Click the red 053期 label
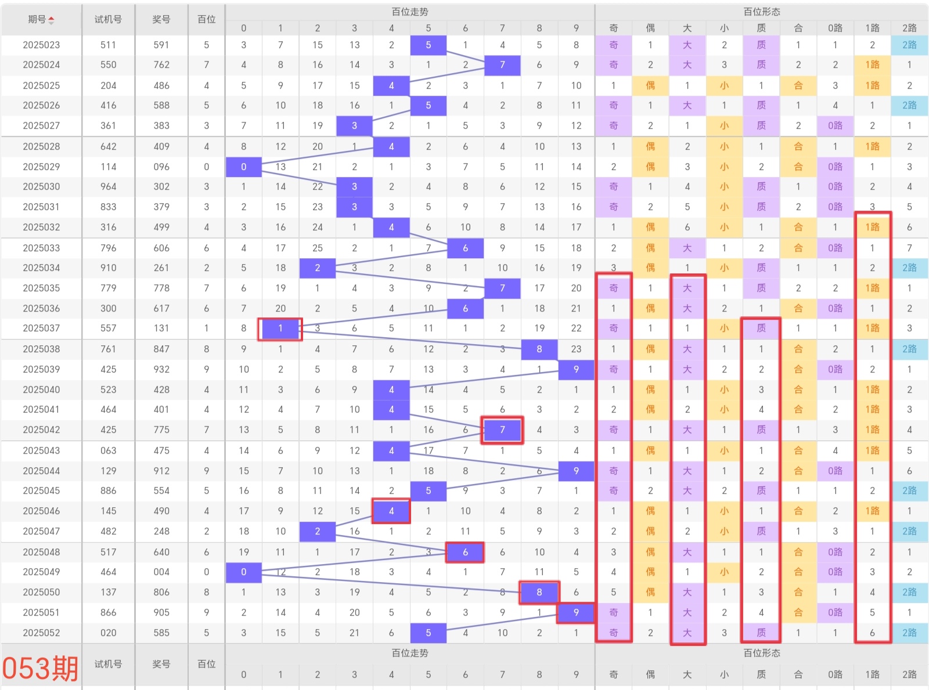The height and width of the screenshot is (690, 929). pyautogui.click(x=41, y=667)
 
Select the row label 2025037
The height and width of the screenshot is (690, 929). pyautogui.click(x=41, y=328)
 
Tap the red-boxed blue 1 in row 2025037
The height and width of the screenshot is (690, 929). pyautogui.click(x=280, y=328)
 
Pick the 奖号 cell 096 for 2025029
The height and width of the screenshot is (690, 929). pyautogui.click(x=161, y=167)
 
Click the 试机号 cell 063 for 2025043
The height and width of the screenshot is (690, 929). pyautogui.click(x=109, y=451)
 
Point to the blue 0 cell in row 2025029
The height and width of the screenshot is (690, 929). pyautogui.click(x=244, y=167)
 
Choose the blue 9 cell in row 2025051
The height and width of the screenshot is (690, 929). pyautogui.click(x=576, y=613)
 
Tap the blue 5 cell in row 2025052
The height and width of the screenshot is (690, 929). pyautogui.click(x=429, y=633)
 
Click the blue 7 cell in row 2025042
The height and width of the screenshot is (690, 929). pyautogui.click(x=502, y=430)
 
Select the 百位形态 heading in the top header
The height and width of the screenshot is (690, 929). pyautogui.click(x=762, y=12)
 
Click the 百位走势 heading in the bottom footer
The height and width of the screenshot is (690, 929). pyautogui.click(x=410, y=653)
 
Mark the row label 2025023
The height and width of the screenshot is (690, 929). pyautogui.click(x=41, y=45)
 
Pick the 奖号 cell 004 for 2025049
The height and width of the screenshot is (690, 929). pyautogui.click(x=161, y=572)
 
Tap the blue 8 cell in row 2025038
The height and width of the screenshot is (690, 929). pyautogui.click(x=539, y=349)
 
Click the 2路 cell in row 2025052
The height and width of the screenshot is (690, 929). pyautogui.click(x=909, y=633)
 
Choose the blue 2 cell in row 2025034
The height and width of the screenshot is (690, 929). pyautogui.click(x=318, y=268)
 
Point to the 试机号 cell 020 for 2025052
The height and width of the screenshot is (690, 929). pyautogui.click(x=109, y=633)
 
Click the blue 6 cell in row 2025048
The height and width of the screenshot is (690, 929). pyautogui.click(x=465, y=552)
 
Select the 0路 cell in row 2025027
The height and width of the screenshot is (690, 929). pyautogui.click(x=835, y=126)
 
